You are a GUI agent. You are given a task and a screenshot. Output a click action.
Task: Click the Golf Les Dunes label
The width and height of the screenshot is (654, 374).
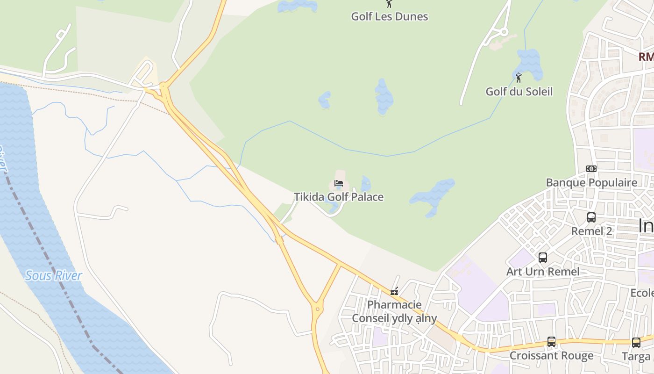[x=389, y=16]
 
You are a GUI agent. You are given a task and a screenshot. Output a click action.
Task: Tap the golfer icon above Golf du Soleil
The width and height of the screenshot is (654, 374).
[x=519, y=77]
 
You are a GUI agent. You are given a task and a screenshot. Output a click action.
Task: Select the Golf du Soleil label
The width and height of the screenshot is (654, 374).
[x=519, y=91]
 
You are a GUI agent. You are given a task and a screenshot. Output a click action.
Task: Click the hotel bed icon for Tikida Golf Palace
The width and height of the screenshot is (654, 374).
[x=339, y=184]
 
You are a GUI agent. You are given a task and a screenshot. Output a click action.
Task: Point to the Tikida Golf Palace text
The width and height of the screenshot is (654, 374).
[x=339, y=197]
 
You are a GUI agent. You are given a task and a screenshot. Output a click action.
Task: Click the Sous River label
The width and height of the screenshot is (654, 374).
[x=54, y=275]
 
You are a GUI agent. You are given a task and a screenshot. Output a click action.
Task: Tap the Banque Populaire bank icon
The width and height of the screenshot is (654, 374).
[x=591, y=169]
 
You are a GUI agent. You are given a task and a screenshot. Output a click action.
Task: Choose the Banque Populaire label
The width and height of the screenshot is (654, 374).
[x=591, y=182]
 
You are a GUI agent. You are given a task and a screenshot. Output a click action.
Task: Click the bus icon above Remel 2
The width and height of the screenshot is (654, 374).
[x=591, y=217]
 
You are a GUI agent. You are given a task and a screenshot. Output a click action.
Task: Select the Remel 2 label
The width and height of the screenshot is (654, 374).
[x=591, y=231]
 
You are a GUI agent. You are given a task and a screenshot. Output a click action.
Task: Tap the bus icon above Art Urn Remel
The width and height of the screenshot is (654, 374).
[x=543, y=257]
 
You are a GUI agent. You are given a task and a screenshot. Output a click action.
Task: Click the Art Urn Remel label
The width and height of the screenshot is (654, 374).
[x=543, y=271]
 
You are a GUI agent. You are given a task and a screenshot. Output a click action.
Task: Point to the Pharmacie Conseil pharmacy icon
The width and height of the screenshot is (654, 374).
[x=394, y=292]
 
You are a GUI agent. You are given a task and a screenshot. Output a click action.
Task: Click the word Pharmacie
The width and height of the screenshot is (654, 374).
[x=394, y=305]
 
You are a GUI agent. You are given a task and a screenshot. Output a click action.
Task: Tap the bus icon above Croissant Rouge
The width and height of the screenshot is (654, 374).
[x=551, y=342]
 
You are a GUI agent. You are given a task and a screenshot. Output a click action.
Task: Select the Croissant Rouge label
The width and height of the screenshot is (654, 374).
[x=551, y=355]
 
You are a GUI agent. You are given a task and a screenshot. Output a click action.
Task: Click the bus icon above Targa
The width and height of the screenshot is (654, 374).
[x=636, y=342]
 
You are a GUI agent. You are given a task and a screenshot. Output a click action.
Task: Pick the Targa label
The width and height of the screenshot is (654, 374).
[x=636, y=356]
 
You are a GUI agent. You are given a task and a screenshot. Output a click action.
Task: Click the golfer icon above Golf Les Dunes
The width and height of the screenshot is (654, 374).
[x=389, y=4]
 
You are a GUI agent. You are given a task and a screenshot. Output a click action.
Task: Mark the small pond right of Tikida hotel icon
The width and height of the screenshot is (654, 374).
[x=365, y=184]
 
